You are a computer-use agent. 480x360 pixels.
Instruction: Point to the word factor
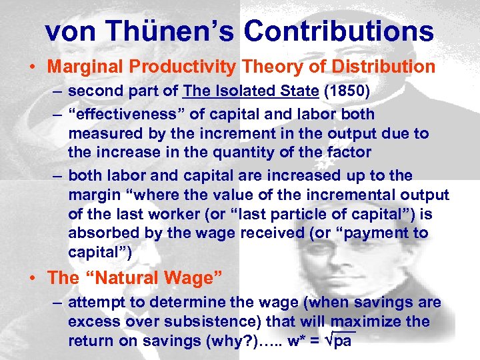coord(349,152)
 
